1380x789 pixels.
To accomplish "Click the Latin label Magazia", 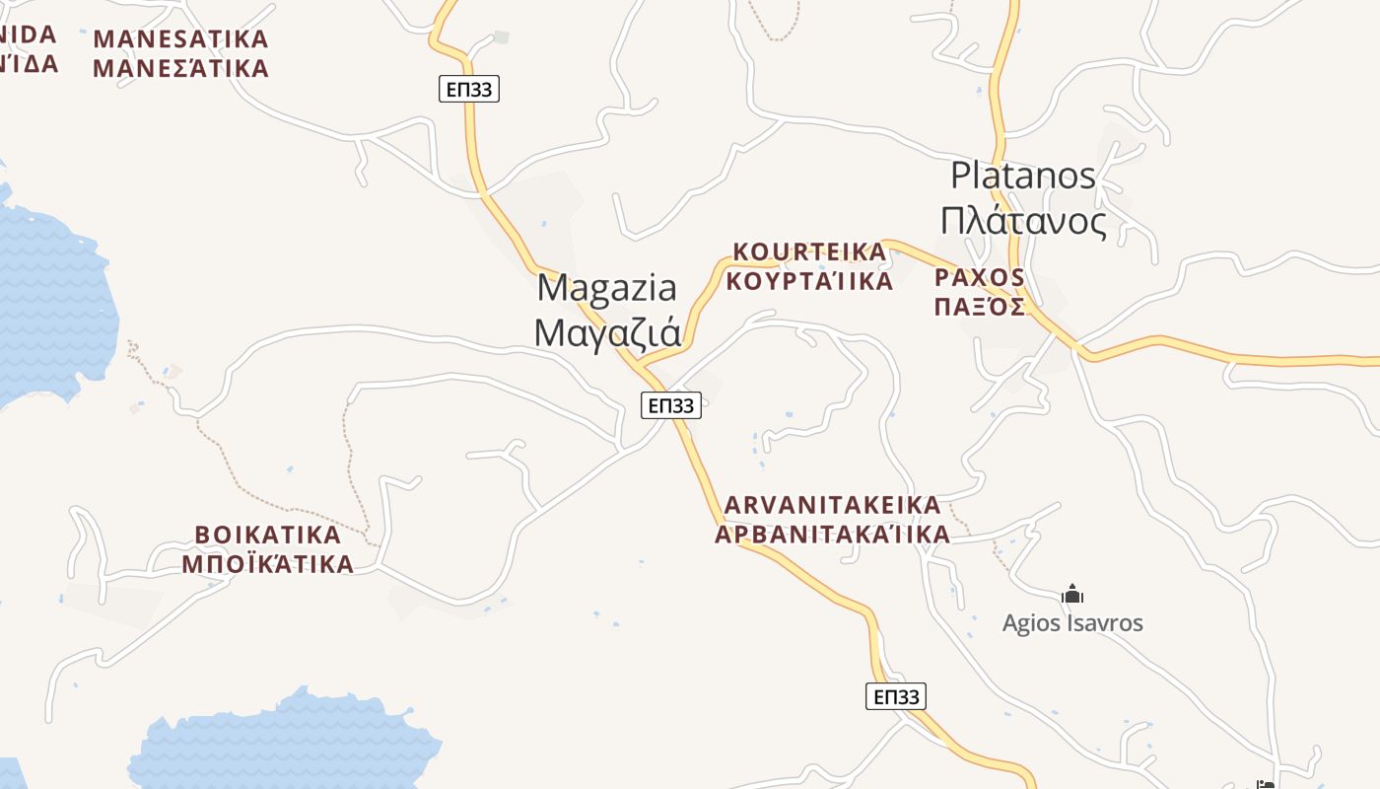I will (x=607, y=288).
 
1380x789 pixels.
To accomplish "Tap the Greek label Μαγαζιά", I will (x=607, y=332).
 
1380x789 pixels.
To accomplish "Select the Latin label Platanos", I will (x=1023, y=176).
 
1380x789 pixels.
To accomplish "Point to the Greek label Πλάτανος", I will (x=1023, y=222).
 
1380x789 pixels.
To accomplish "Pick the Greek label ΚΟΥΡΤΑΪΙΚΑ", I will (x=809, y=281).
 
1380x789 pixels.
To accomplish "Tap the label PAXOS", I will (x=980, y=277).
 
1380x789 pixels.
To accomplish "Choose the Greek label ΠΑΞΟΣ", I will (x=980, y=306).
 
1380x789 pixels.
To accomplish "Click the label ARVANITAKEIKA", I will (x=833, y=505).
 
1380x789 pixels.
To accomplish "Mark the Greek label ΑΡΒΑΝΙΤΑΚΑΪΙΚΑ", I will (x=833, y=535).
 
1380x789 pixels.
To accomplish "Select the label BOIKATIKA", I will (x=268, y=536).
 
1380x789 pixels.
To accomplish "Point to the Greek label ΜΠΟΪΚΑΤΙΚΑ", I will (x=268, y=564).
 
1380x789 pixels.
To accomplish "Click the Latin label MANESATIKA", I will (x=180, y=39).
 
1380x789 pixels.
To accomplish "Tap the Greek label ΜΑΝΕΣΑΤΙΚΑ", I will (x=180, y=69).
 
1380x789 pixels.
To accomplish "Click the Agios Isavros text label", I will (x=1072, y=623).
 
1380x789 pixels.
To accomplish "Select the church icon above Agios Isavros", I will (x=1072, y=595).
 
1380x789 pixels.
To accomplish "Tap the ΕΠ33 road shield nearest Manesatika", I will (x=469, y=90).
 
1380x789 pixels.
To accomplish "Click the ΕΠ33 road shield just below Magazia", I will (x=671, y=404).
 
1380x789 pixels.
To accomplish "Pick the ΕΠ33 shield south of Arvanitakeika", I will (x=896, y=696).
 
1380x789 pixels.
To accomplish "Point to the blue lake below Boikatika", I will (x=286, y=745).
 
